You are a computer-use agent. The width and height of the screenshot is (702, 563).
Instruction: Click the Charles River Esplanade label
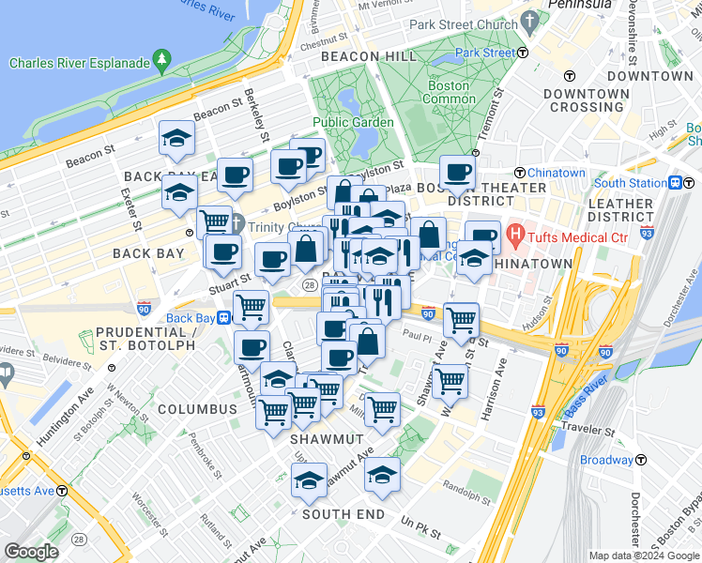coord(80,63)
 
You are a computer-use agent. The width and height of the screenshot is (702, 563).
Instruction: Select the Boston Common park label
coord(450,92)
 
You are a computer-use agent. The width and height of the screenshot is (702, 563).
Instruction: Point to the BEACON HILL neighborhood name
coord(369,56)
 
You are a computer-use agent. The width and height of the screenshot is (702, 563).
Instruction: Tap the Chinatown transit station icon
coord(519,173)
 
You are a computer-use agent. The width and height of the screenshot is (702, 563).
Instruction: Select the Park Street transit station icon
coord(523,53)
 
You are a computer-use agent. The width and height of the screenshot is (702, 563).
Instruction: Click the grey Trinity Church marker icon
coord(237,224)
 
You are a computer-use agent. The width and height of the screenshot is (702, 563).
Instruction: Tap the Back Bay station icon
coord(225,317)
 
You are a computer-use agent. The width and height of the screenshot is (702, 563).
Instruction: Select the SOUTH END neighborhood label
coord(343,514)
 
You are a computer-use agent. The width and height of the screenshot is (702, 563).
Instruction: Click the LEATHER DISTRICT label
coord(620,210)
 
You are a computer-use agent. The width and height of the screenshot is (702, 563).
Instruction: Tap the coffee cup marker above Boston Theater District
coord(457,173)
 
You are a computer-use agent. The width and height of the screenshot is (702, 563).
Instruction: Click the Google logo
coord(32,552)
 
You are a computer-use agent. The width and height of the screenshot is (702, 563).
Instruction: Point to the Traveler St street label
coord(588,433)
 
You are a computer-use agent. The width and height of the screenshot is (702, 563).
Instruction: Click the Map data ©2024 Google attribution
coord(644,555)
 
